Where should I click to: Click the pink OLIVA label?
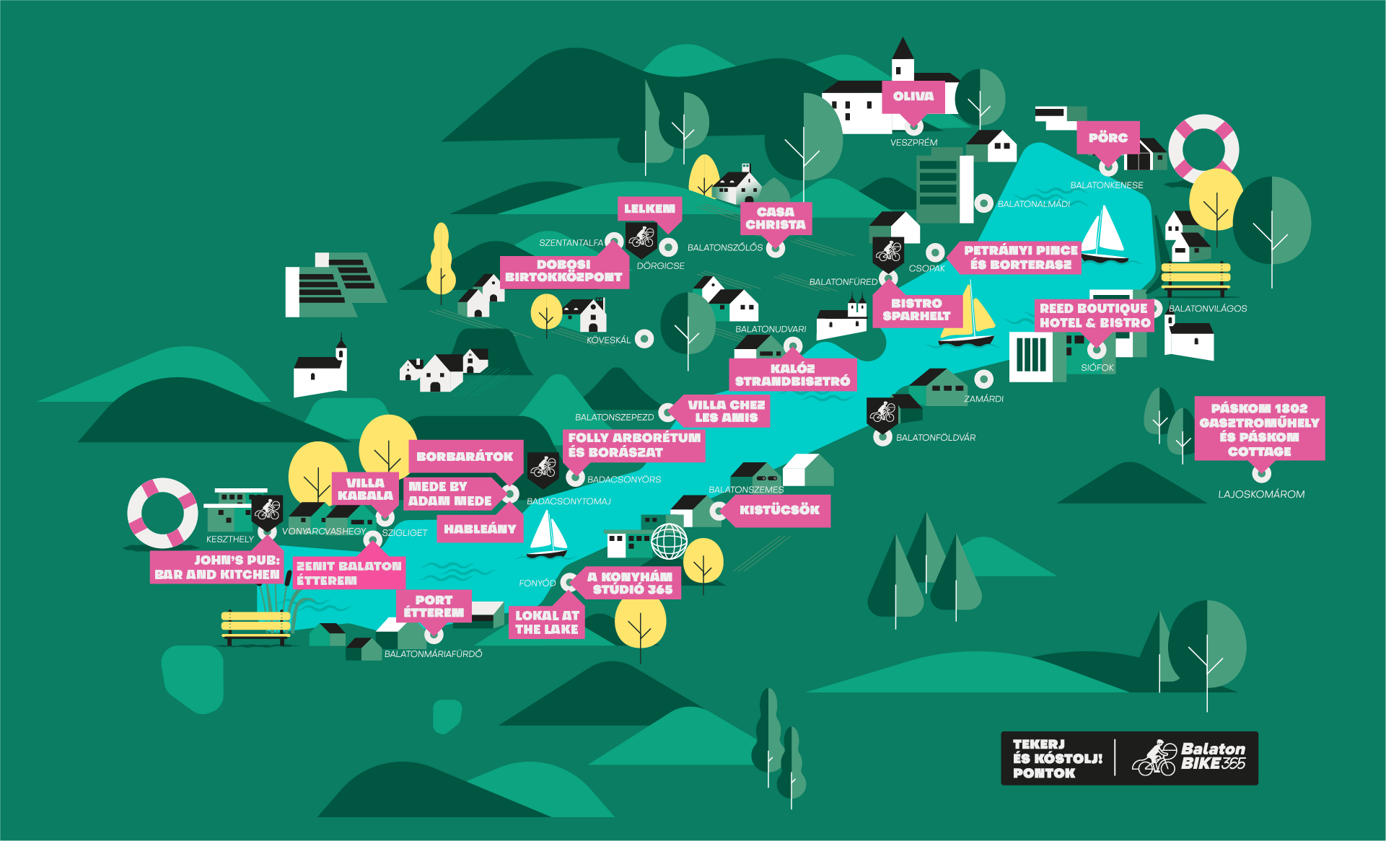913,97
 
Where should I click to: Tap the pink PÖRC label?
1108,138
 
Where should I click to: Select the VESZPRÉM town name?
913,143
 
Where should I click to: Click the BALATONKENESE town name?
1106,185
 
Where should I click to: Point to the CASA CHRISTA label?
776,219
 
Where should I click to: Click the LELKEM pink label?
649,208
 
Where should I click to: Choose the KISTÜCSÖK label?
779,510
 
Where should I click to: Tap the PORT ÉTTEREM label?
434,607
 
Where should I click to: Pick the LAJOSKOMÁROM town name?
1261,494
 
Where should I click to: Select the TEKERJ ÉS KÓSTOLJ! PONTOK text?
1057,759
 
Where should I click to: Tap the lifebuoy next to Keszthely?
162,513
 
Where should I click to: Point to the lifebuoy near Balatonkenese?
1203,149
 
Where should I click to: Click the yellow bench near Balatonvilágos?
1195,278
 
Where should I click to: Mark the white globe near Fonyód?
669,540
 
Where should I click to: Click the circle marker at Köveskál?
644,338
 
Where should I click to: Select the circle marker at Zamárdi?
983,379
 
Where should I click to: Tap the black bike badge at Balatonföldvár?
882,412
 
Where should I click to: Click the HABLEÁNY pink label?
480,529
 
